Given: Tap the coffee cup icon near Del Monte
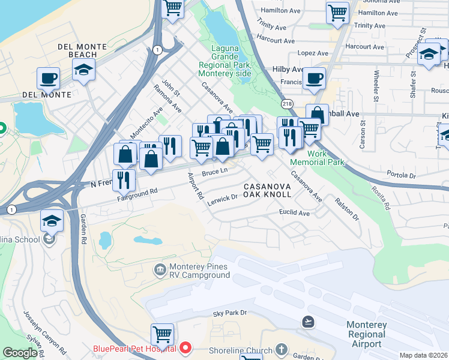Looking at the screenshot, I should click(x=48, y=78).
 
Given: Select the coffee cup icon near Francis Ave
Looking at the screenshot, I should click(x=313, y=78).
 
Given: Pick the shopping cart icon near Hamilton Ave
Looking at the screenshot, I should click(x=337, y=13).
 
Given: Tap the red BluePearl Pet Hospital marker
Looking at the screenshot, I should click(x=185, y=348).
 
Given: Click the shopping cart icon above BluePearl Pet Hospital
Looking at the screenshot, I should click(x=162, y=334).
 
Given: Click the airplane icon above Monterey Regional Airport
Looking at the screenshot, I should click(x=309, y=322).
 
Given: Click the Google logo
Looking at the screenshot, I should click(x=20, y=353).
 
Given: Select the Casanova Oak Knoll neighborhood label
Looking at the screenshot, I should click(x=267, y=191).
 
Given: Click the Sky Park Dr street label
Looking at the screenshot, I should click(x=230, y=314).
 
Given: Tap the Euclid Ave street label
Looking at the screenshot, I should click(x=294, y=213).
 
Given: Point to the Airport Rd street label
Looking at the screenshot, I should click(x=196, y=187).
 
